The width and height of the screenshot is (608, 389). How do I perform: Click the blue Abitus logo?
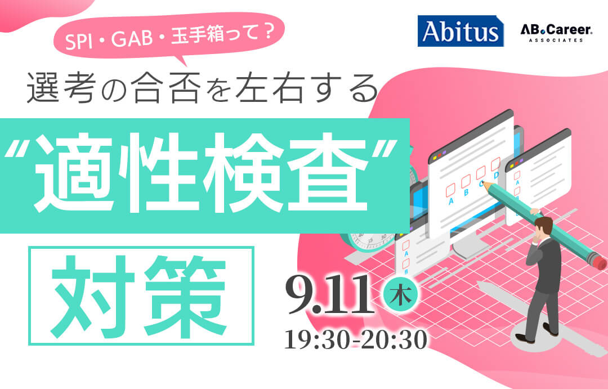(461, 31)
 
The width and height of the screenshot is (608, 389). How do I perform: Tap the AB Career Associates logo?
(556, 33)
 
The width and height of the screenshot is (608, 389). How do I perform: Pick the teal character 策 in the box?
(185, 296)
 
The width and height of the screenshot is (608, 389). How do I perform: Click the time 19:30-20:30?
(356, 339)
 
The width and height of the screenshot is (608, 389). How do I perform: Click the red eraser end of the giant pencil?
(599, 262)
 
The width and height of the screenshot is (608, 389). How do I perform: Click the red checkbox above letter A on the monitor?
(450, 190)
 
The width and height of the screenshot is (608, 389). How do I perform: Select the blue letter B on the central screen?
(466, 193)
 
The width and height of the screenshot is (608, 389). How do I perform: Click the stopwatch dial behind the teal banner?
(370, 240)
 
